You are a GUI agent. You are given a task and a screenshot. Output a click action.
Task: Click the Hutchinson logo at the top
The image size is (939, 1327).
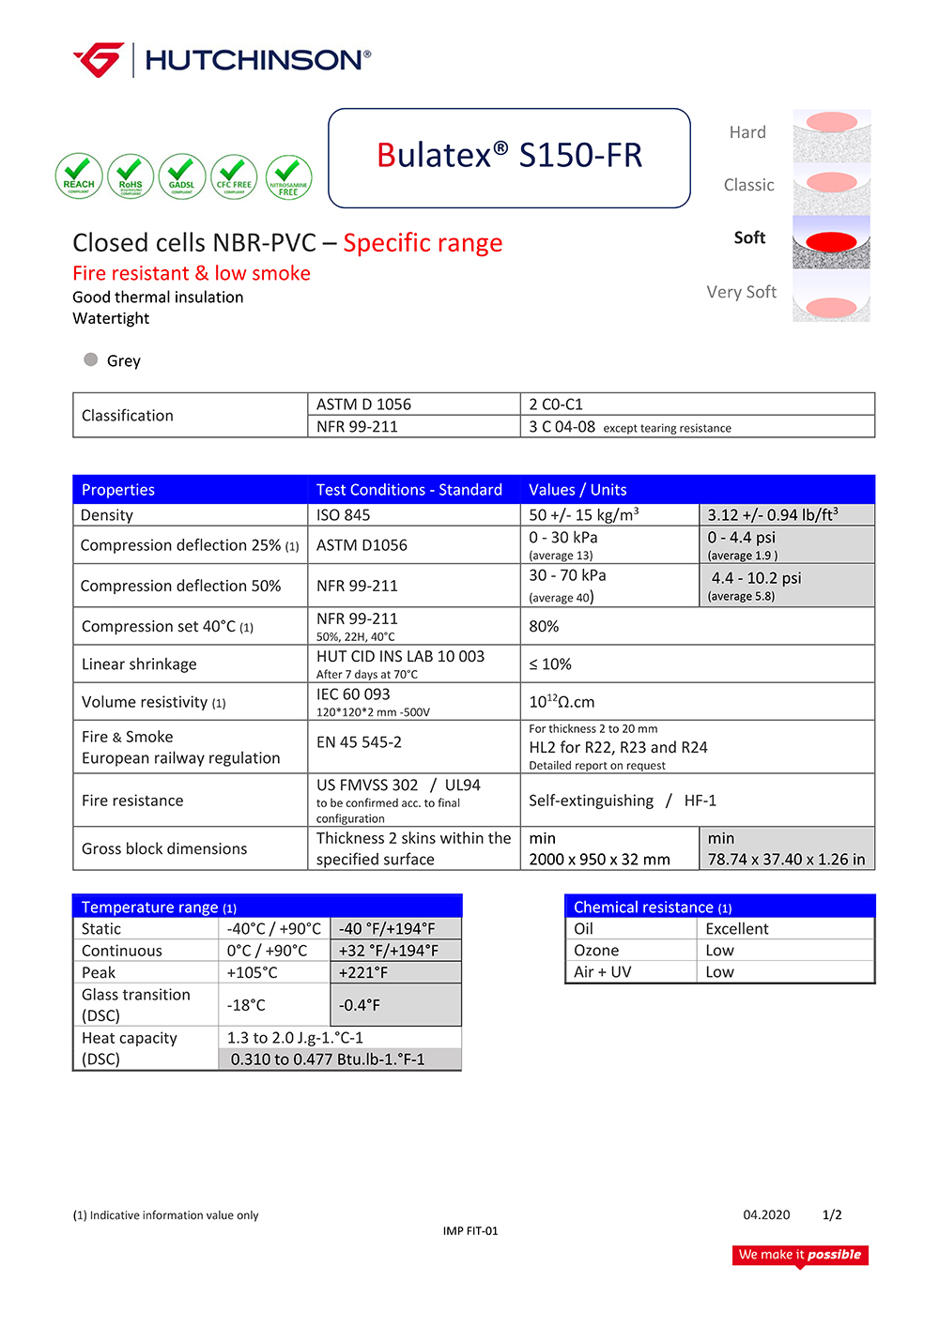pos(222,60)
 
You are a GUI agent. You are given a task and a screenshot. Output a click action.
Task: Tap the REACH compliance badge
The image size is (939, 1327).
pos(79,176)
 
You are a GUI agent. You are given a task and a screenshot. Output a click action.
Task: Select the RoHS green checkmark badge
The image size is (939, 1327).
pos(131,176)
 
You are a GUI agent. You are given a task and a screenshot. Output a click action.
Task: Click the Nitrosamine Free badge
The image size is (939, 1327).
pos(288,177)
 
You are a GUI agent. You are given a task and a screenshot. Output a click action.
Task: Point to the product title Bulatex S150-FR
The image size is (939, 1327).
pos(509,155)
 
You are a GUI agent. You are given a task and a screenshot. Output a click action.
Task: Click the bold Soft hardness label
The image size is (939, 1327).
pos(749,238)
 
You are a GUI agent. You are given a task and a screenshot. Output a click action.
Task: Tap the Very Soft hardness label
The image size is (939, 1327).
pos(741,292)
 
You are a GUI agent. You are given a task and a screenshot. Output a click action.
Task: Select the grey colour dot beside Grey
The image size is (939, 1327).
pos(91,359)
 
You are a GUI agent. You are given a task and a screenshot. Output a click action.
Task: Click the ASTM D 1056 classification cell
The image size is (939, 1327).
pos(363,404)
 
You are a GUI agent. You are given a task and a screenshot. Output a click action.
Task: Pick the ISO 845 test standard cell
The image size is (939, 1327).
pos(344,515)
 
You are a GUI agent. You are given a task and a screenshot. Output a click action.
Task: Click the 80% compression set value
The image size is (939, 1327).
pos(544,627)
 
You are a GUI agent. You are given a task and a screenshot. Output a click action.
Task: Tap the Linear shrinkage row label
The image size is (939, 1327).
pos(139,664)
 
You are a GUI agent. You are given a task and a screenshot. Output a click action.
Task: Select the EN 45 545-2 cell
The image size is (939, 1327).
pos(359,742)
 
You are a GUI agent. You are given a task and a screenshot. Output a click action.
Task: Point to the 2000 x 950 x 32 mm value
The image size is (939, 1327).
pos(599,860)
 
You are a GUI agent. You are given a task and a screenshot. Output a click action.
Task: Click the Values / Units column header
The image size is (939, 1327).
pos(577,490)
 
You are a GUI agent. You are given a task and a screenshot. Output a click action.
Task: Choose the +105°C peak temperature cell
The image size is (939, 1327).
pos(253,973)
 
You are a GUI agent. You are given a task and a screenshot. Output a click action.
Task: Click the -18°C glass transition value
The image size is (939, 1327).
pos(246,1005)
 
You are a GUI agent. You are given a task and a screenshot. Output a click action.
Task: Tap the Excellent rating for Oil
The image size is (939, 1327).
pos(737,929)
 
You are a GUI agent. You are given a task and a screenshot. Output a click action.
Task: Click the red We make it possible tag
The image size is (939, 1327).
pos(800,1255)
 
